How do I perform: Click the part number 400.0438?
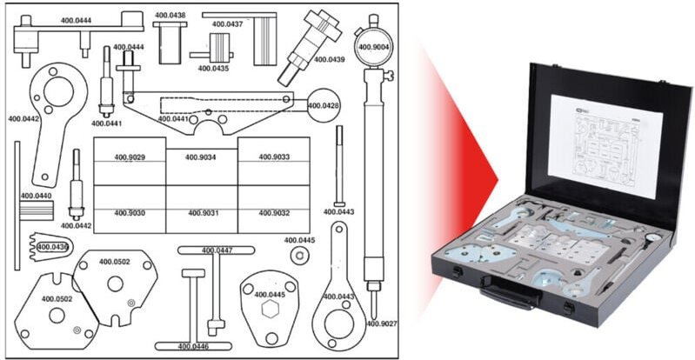coord(171,16)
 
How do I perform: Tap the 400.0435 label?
coord(212,68)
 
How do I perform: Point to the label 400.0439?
coord(329,60)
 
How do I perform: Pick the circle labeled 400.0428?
coord(324,104)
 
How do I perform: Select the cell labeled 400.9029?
coord(129,158)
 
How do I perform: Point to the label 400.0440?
coord(36,197)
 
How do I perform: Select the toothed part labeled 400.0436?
coord(50,247)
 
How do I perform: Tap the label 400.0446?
coord(197,346)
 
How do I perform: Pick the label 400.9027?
coord(381,323)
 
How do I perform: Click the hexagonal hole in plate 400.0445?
coord(269,310)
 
